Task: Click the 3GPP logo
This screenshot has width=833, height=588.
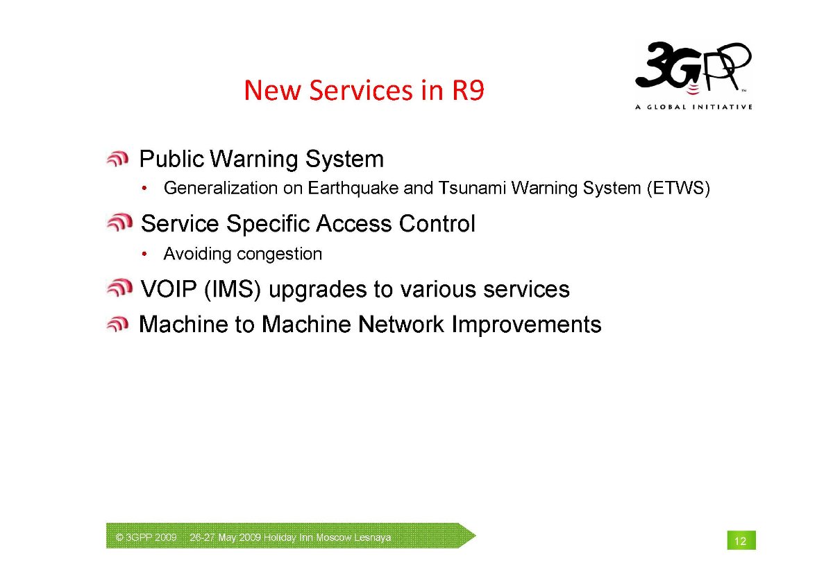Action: click(693, 69)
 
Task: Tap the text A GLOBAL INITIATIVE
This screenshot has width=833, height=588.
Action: click(693, 107)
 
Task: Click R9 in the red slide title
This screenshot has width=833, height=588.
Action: click(468, 90)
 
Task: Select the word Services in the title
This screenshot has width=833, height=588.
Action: click(361, 90)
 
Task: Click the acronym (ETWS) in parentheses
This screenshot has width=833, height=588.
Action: click(679, 188)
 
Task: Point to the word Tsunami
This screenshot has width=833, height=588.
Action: click(472, 188)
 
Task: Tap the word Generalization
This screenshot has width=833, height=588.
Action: click(221, 188)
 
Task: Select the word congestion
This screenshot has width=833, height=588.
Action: click(279, 254)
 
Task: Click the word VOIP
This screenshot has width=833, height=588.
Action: click(169, 289)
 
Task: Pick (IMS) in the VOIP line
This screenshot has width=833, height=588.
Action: click(233, 289)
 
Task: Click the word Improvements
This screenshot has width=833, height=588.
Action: click(526, 325)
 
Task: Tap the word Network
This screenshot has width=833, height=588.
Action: click(401, 325)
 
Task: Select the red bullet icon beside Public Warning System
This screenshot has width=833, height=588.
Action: click(117, 159)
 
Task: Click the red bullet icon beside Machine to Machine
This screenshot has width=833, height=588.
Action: click(117, 324)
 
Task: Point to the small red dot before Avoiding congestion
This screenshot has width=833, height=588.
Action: click(144, 254)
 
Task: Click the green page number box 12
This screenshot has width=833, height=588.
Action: click(741, 540)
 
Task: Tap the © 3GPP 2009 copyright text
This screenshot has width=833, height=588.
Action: click(146, 537)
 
